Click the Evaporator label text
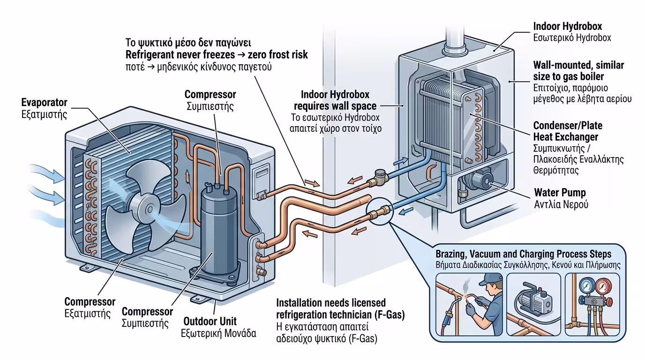click(45, 102)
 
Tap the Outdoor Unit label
click(210, 322)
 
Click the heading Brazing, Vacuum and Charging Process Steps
click(523, 254)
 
